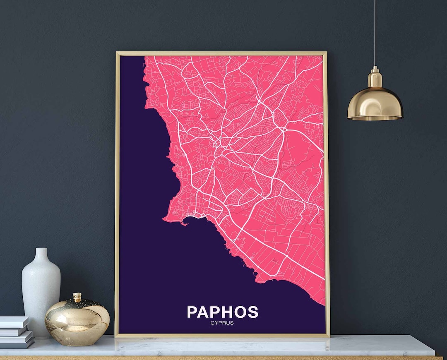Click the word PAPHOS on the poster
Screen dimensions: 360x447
pyautogui.click(x=222, y=312)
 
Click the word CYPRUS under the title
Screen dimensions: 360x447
pyautogui.click(x=222, y=323)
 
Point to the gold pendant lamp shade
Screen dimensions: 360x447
pyautogui.click(x=375, y=103)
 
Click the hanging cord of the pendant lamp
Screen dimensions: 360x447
pyautogui.click(x=375, y=33)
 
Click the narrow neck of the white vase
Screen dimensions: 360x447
pyautogui.click(x=41, y=254)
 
